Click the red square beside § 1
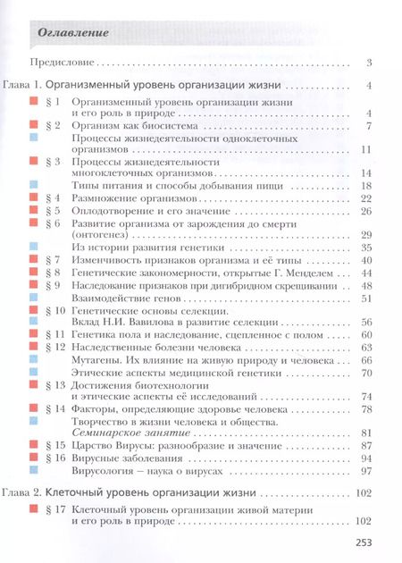(x=32, y=102)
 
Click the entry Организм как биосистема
(x=133, y=126)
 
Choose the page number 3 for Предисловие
(x=368, y=63)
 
